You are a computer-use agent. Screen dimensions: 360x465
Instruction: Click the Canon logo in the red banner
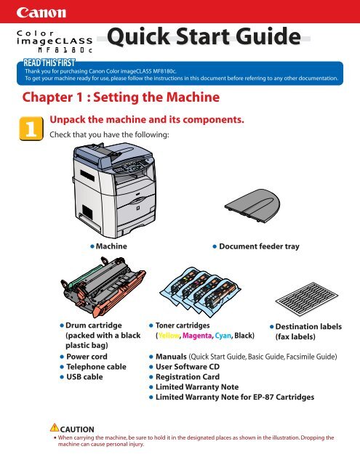[x=41, y=12]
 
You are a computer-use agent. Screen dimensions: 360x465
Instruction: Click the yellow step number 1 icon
[x=31, y=129]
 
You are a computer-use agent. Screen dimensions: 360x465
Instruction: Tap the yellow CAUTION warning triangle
[x=55, y=427]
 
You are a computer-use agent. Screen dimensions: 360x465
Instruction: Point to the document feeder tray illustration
[x=252, y=206]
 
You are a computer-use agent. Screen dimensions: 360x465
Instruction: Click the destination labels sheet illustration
[x=307, y=299]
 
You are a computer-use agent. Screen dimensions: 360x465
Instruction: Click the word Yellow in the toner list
[x=169, y=336]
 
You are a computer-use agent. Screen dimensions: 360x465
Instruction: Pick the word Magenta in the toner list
[x=197, y=336]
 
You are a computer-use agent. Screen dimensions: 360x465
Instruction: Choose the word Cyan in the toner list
[x=223, y=336]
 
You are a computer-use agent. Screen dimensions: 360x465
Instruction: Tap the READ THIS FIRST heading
[x=49, y=63]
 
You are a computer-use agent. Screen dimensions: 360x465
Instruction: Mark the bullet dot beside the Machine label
[x=92, y=246]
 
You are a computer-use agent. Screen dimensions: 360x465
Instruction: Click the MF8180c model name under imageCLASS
[x=65, y=50]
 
